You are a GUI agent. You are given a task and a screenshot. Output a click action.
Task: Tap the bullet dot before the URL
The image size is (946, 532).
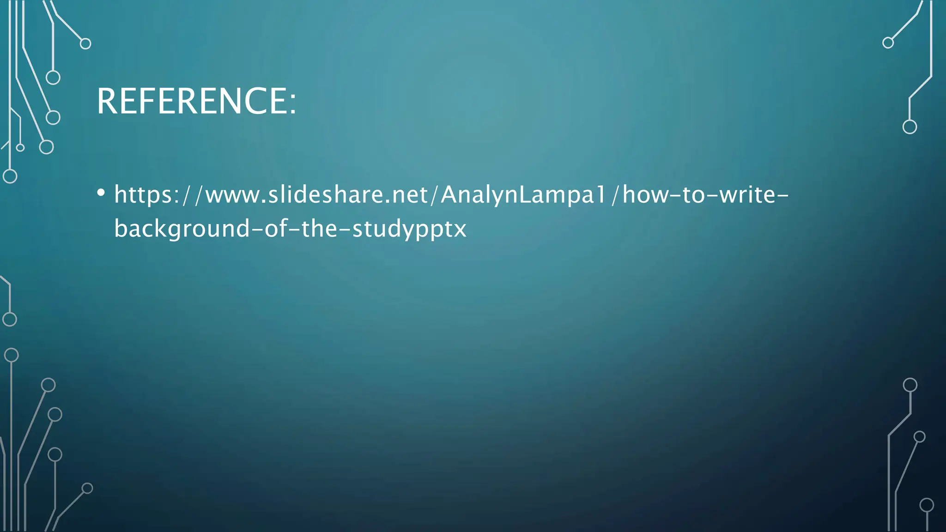click(x=101, y=193)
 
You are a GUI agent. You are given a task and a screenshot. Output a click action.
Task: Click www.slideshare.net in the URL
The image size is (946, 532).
click(x=316, y=194)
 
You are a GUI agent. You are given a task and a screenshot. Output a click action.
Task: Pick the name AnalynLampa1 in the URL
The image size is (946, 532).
click(x=522, y=194)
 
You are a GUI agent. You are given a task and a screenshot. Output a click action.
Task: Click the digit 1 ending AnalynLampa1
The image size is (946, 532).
click(x=600, y=194)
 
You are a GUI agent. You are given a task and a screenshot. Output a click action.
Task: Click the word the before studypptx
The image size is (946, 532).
click(x=319, y=229)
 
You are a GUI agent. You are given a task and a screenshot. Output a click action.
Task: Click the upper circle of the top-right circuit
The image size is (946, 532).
click(x=888, y=43)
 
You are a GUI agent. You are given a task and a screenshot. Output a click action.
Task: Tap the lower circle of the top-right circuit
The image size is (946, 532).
click(x=910, y=127)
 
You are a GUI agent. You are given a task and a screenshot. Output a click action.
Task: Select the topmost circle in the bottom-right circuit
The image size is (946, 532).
click(x=910, y=385)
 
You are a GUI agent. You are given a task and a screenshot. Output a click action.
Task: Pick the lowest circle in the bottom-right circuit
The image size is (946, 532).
click(x=927, y=505)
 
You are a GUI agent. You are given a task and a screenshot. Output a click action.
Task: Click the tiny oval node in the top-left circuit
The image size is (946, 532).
click(x=20, y=148)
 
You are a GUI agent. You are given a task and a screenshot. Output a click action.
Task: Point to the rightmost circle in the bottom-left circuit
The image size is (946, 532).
click(x=87, y=488)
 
